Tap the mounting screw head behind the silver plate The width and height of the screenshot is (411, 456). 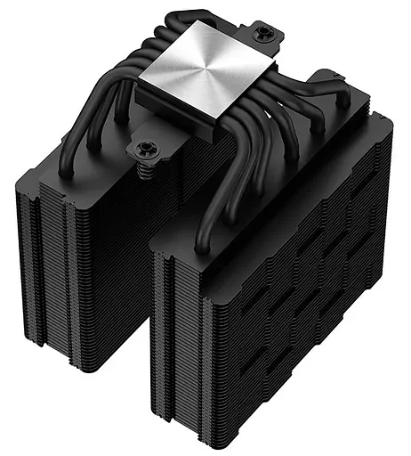(x=263, y=33)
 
